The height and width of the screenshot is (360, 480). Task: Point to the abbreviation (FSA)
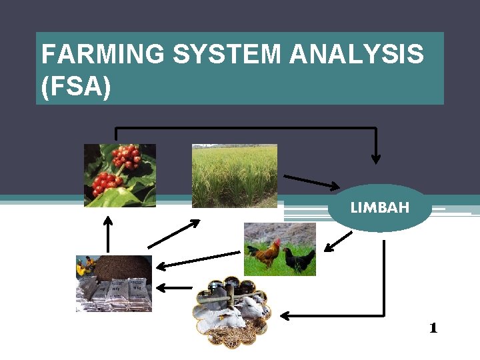point(75,87)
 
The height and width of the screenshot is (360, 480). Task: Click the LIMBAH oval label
point(380,208)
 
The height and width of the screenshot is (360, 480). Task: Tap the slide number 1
point(433,327)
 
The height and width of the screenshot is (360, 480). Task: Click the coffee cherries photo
point(120,175)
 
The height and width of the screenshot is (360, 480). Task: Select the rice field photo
point(234,176)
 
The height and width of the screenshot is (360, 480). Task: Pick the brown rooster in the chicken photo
point(265,253)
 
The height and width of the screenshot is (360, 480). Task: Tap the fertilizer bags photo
point(114,284)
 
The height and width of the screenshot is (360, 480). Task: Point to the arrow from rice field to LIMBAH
point(312,181)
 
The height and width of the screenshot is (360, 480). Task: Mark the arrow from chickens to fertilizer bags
point(197,259)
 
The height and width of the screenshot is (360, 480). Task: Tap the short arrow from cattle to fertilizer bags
point(173,287)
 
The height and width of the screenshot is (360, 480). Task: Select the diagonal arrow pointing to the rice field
point(173,234)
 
